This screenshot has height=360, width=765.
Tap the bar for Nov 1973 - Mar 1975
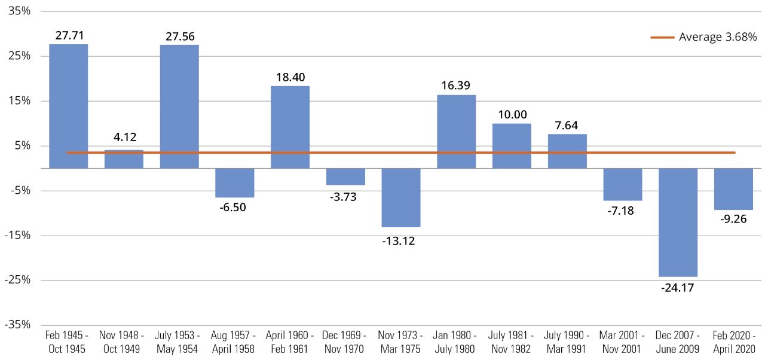pos(401,197)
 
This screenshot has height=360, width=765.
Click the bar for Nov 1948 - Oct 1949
pos(124,159)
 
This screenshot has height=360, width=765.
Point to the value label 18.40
pos(290,78)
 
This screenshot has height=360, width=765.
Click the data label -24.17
pos(678,287)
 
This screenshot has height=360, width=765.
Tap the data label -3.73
pos(345,196)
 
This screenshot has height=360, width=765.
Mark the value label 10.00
pos(512,115)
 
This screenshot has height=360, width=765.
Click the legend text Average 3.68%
pos(718,37)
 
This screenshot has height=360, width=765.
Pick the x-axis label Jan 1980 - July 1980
pos(456,342)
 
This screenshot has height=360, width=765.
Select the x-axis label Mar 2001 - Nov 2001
pos(622,342)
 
